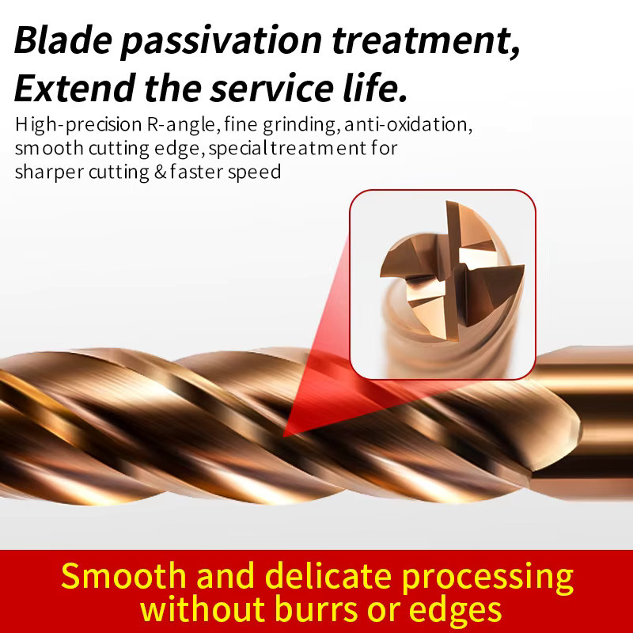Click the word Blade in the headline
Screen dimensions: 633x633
(x=63, y=40)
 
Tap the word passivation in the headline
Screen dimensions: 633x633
(x=222, y=42)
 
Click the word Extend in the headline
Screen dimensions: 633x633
(x=74, y=88)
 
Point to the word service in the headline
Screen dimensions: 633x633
(x=271, y=88)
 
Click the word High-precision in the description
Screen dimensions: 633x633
(x=78, y=125)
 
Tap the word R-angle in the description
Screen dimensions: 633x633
(x=184, y=125)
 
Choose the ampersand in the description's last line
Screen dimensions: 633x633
(x=161, y=172)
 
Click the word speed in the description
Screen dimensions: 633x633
(x=254, y=172)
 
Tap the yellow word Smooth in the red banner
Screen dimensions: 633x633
(x=123, y=576)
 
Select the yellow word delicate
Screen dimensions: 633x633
(x=328, y=576)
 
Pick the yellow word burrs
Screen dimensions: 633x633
(x=316, y=608)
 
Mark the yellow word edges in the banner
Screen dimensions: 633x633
(x=455, y=610)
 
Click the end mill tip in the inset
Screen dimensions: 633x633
(x=453, y=271)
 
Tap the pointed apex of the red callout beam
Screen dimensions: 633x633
(x=283, y=437)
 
